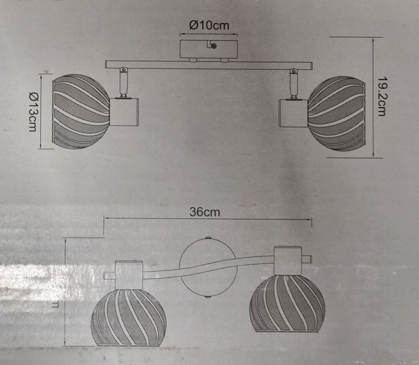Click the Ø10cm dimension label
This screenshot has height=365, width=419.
point(209,26)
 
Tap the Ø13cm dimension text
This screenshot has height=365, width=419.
point(33,111)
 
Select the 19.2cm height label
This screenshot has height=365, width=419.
point(381,96)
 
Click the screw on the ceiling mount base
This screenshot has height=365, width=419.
point(213,47)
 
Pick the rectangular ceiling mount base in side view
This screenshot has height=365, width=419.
point(208,49)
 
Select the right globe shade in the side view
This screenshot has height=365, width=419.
point(336,113)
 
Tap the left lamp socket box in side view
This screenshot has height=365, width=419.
point(124,112)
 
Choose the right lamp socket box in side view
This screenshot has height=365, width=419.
point(294,113)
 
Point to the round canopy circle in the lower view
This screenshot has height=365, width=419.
point(207,267)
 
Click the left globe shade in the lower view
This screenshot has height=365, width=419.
point(129,317)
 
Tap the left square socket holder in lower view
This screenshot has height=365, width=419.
point(129,275)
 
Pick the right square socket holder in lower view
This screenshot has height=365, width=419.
point(288,261)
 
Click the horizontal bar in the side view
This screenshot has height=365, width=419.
point(209,65)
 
